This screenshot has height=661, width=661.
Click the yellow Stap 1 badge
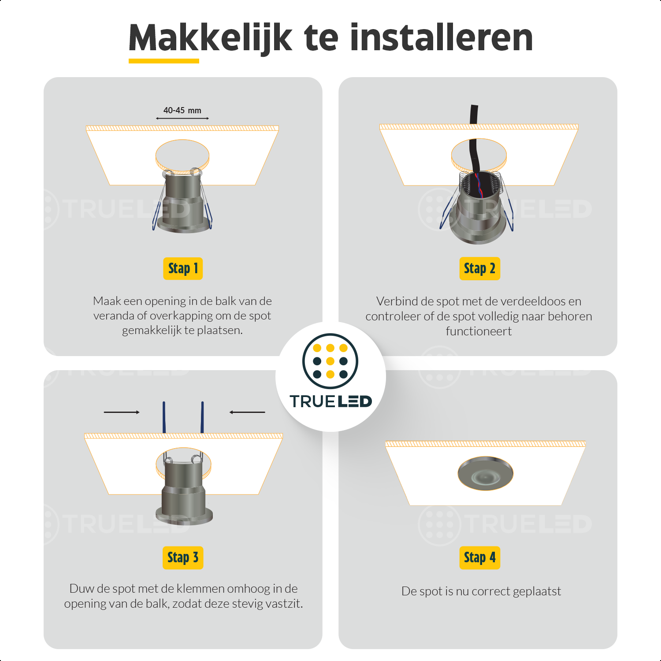tap(183, 268)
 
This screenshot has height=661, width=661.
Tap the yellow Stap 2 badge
tap(479, 268)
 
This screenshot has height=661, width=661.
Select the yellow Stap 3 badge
tap(183, 557)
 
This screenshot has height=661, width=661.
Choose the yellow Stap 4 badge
tap(479, 558)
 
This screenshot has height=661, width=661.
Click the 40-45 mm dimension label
tap(182, 111)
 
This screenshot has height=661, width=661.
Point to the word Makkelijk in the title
tap(211, 38)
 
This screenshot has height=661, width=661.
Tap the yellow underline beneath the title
tap(164, 61)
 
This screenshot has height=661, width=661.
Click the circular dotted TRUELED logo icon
tap(330, 361)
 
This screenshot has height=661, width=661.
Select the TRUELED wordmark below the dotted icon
tap(330, 401)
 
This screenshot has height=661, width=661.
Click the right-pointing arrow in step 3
tap(122, 412)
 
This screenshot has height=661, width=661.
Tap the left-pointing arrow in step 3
tap(247, 412)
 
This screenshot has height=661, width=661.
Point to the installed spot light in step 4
tap(485, 473)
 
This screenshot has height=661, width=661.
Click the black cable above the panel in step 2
tap(474, 115)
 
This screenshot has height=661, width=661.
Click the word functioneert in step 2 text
tap(479, 331)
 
